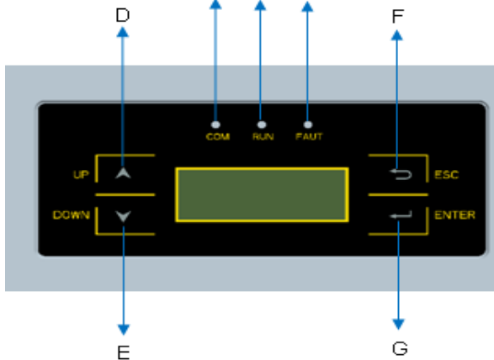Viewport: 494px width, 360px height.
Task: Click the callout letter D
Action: [x=123, y=15]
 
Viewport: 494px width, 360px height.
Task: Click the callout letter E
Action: [x=124, y=352]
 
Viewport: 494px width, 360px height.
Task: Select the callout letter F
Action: [x=398, y=16]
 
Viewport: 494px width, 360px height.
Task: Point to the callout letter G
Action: [x=400, y=349]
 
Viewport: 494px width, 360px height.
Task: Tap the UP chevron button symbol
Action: [x=123, y=173]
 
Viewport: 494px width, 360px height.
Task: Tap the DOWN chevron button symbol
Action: [x=123, y=216]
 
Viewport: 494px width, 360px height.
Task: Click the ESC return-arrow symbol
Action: [x=401, y=174]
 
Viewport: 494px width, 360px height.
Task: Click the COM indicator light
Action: [x=215, y=124]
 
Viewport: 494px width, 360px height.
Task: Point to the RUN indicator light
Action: [x=262, y=124]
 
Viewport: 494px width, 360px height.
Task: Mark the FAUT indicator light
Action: [x=308, y=124]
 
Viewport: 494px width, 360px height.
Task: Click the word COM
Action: [x=218, y=137]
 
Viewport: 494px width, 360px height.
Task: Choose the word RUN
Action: [x=263, y=137]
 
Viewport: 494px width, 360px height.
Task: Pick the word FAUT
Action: [x=309, y=137]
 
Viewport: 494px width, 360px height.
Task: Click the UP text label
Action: [x=81, y=174]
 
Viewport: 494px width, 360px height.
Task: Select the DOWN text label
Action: [x=72, y=215]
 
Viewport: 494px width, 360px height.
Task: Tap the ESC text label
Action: [x=446, y=175]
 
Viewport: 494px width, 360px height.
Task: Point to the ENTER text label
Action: [x=454, y=215]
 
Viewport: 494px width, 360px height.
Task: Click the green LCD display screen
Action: [x=262, y=195]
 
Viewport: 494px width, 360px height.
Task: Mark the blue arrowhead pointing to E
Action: [x=124, y=330]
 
